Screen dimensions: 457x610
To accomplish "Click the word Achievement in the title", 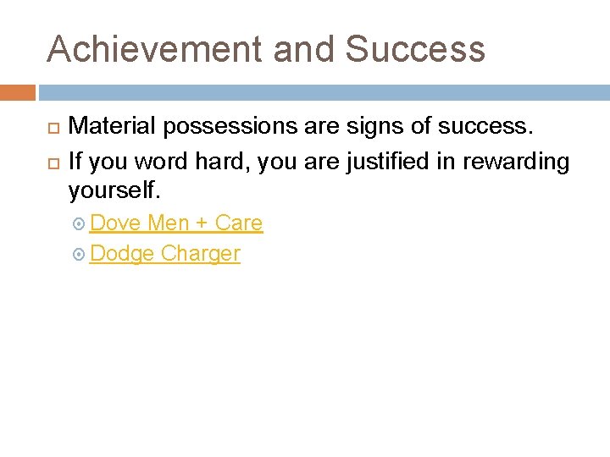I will pyautogui.click(x=153, y=49).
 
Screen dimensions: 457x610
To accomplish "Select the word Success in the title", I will pyautogui.click(x=415, y=49).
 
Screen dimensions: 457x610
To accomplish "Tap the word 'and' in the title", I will pyautogui.click(x=305, y=49).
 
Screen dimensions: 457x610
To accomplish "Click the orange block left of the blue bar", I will pyautogui.click(x=17, y=92).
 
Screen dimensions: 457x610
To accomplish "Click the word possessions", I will pyautogui.click(x=223, y=127).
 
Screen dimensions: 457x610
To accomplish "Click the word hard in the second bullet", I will pyautogui.click(x=221, y=161).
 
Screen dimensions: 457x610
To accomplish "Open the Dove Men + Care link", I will pyautogui.click(x=176, y=223).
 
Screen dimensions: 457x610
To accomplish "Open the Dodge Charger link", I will pyautogui.click(x=164, y=254).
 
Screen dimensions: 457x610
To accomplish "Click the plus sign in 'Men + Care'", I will pyautogui.click(x=201, y=224).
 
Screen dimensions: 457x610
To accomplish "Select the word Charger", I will pyautogui.click(x=201, y=254).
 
